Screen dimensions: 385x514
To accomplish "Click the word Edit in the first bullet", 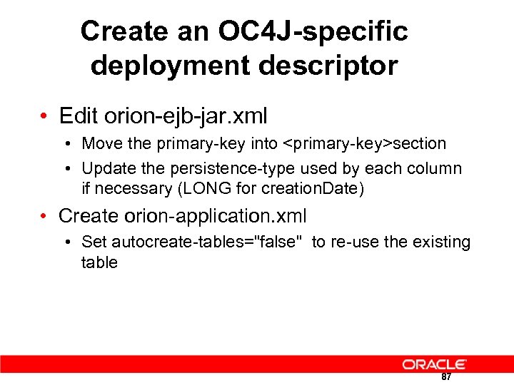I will click(x=79, y=115).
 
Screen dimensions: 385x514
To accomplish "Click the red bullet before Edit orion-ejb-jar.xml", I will click(x=44, y=116).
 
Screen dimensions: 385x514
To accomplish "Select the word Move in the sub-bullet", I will click(x=102, y=144).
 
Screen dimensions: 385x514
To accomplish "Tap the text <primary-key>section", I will click(x=366, y=144).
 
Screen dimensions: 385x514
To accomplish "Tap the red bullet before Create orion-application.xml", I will click(x=44, y=216).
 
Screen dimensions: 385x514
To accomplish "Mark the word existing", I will click(x=442, y=242).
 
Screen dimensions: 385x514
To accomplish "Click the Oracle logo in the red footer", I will click(x=434, y=364).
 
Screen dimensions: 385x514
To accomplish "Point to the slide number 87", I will click(x=446, y=376).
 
